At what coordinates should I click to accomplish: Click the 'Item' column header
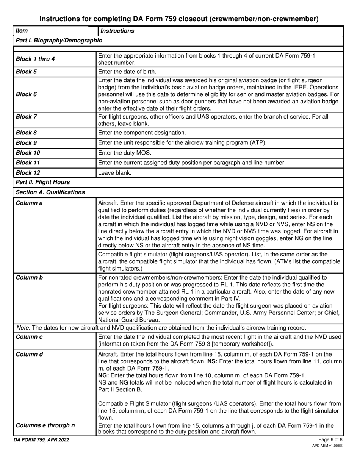[22, 31]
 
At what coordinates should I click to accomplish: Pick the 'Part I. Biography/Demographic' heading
[59, 40]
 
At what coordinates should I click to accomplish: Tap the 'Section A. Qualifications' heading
[50, 192]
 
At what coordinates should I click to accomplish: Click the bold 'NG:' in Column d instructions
[104, 375]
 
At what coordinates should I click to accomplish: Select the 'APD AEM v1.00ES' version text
[327, 446]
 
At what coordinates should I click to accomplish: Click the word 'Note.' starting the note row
[22, 328]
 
